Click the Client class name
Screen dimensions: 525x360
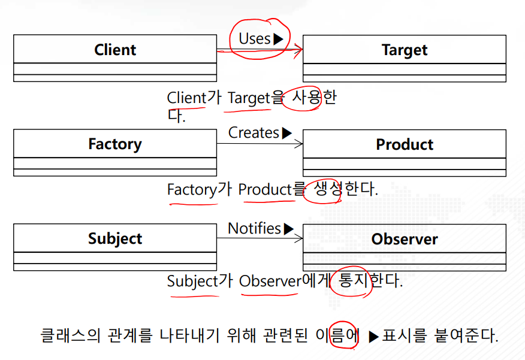click(115, 50)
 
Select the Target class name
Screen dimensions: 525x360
click(405, 50)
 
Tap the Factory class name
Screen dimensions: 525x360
click(115, 144)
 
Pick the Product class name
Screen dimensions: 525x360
click(405, 144)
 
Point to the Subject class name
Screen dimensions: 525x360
click(115, 239)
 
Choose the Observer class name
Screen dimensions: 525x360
click(405, 239)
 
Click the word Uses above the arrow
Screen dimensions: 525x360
click(255, 39)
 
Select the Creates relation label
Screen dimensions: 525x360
click(254, 133)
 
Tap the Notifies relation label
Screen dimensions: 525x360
click(254, 228)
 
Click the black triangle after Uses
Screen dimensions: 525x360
click(278, 39)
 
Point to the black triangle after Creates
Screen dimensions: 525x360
click(287, 133)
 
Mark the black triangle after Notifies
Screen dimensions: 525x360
click(289, 229)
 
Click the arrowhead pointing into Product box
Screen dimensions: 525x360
click(298, 144)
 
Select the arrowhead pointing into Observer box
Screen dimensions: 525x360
click(298, 238)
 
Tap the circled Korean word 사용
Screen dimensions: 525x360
click(306, 98)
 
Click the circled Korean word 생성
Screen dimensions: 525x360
click(327, 189)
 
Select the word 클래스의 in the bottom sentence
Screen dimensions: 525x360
click(70, 335)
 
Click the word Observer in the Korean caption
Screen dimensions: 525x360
click(270, 281)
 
